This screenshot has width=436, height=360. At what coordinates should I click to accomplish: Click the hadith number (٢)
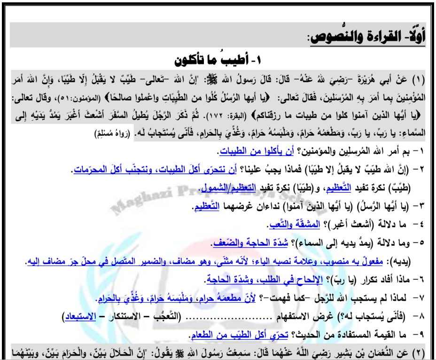pyautogui.click(x=420, y=352)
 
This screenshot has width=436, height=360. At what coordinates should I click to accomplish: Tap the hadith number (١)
pyautogui.click(x=420, y=78)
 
